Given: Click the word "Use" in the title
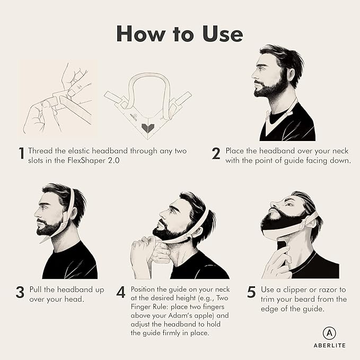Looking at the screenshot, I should pos(218,33).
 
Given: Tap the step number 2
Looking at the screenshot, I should pos(216,154).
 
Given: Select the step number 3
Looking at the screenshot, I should pos(20,292).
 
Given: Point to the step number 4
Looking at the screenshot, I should pos(121,292).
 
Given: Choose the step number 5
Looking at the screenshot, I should pos(251,292).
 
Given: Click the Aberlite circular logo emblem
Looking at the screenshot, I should pos(328,332).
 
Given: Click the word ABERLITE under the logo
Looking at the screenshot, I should pos(328,345).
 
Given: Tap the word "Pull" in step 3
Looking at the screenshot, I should pos(35,290).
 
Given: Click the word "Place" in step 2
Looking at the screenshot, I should pos(235,151).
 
